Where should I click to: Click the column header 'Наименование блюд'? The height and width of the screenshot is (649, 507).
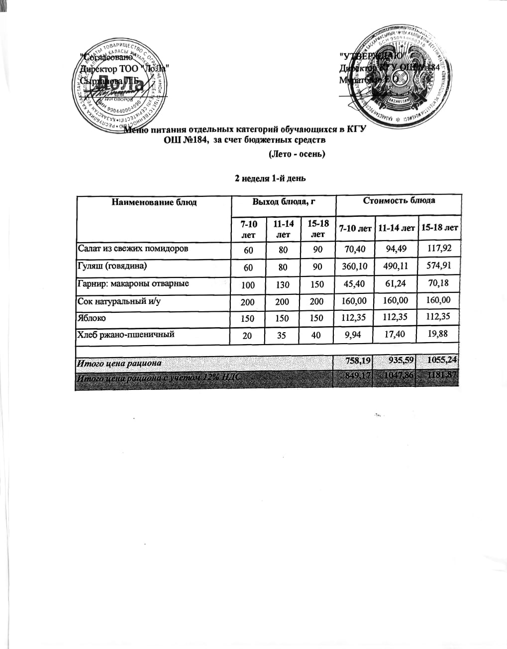(154, 202)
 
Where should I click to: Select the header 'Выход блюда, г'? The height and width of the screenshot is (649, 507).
(284, 202)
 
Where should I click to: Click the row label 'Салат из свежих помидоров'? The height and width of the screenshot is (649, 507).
(133, 248)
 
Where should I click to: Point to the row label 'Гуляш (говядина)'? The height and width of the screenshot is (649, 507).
(112, 266)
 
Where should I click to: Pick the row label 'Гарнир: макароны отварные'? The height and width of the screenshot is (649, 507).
(133, 284)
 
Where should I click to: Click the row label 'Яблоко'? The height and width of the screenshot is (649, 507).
(91, 318)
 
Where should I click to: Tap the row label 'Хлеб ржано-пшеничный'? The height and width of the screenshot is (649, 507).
(125, 334)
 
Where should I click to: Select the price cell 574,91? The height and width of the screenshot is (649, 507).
(439, 266)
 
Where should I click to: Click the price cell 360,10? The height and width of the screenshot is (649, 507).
(355, 267)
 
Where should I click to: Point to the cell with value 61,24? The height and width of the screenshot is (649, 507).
(396, 284)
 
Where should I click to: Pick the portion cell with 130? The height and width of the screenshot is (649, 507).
(283, 284)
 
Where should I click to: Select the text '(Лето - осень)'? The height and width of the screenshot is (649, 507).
(297, 154)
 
